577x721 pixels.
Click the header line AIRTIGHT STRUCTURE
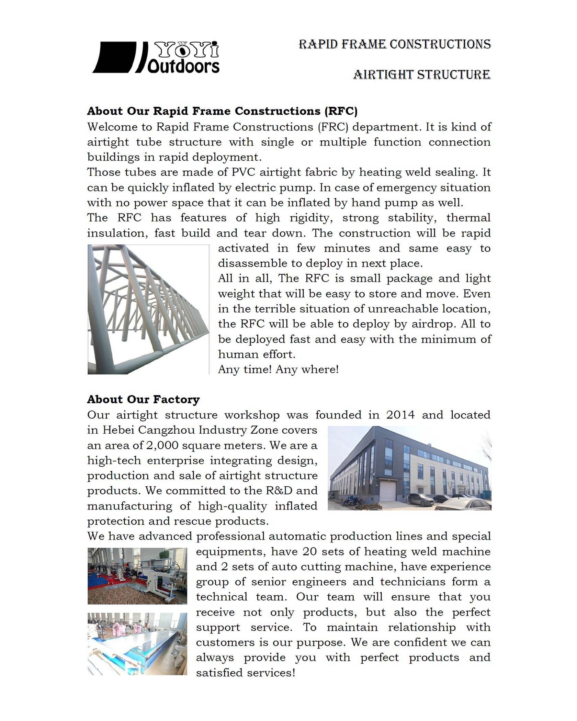[x=422, y=75]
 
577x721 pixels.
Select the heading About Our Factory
[x=143, y=399]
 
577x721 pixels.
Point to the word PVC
[x=243, y=172]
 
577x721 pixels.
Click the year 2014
[x=400, y=415]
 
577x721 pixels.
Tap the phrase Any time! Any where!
[x=278, y=369]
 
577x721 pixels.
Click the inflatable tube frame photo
[x=148, y=309]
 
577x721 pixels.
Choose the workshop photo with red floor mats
[x=137, y=576]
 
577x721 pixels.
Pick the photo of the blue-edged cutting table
[x=137, y=644]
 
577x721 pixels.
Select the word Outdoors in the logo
[x=183, y=67]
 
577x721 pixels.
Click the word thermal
[x=468, y=218]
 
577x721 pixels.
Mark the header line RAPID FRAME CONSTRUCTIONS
[x=395, y=44]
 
